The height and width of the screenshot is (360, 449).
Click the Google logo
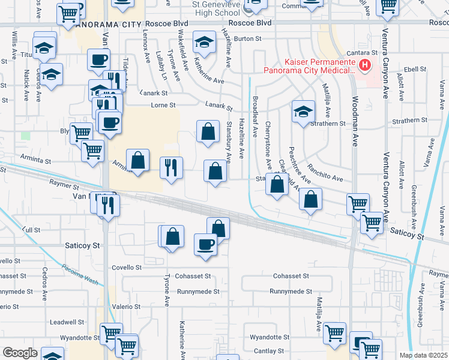(x=20, y=353)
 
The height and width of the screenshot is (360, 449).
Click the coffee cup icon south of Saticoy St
(x=205, y=244)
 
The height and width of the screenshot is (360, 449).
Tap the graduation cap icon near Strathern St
(x=304, y=111)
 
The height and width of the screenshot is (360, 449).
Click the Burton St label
(x=248, y=38)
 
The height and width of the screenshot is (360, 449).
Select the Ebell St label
(x=415, y=70)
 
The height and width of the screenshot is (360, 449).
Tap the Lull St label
(x=31, y=230)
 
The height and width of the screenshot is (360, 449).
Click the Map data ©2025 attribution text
(x=423, y=356)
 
